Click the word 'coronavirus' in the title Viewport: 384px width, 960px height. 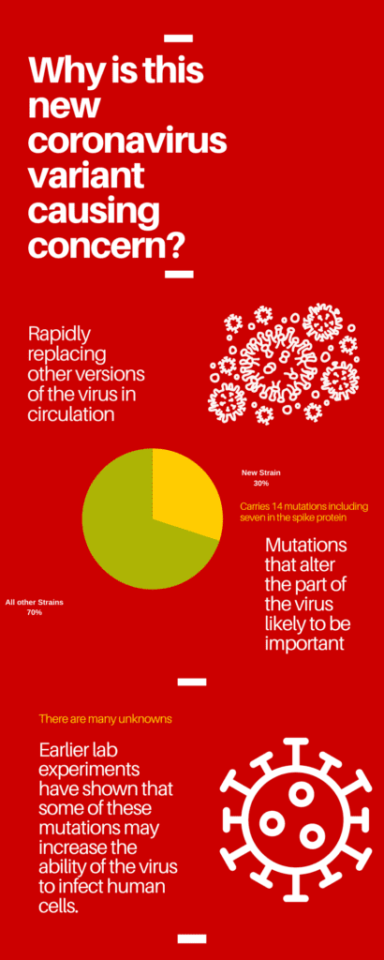point(126,140)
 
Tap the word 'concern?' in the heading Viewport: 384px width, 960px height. point(105,246)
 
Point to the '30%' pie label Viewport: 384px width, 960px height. point(260,484)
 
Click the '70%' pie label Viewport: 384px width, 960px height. point(34,612)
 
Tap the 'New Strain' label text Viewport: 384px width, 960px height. point(261,472)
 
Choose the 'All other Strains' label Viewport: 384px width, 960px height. point(34,602)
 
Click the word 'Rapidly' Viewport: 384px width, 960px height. point(62,334)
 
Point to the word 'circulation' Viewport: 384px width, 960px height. point(71,413)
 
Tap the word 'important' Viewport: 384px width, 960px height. point(305,643)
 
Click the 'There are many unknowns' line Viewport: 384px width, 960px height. point(105,719)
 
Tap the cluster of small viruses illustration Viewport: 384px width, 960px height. point(283,362)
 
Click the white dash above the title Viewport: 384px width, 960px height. point(178,38)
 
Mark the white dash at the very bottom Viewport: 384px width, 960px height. point(191,937)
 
